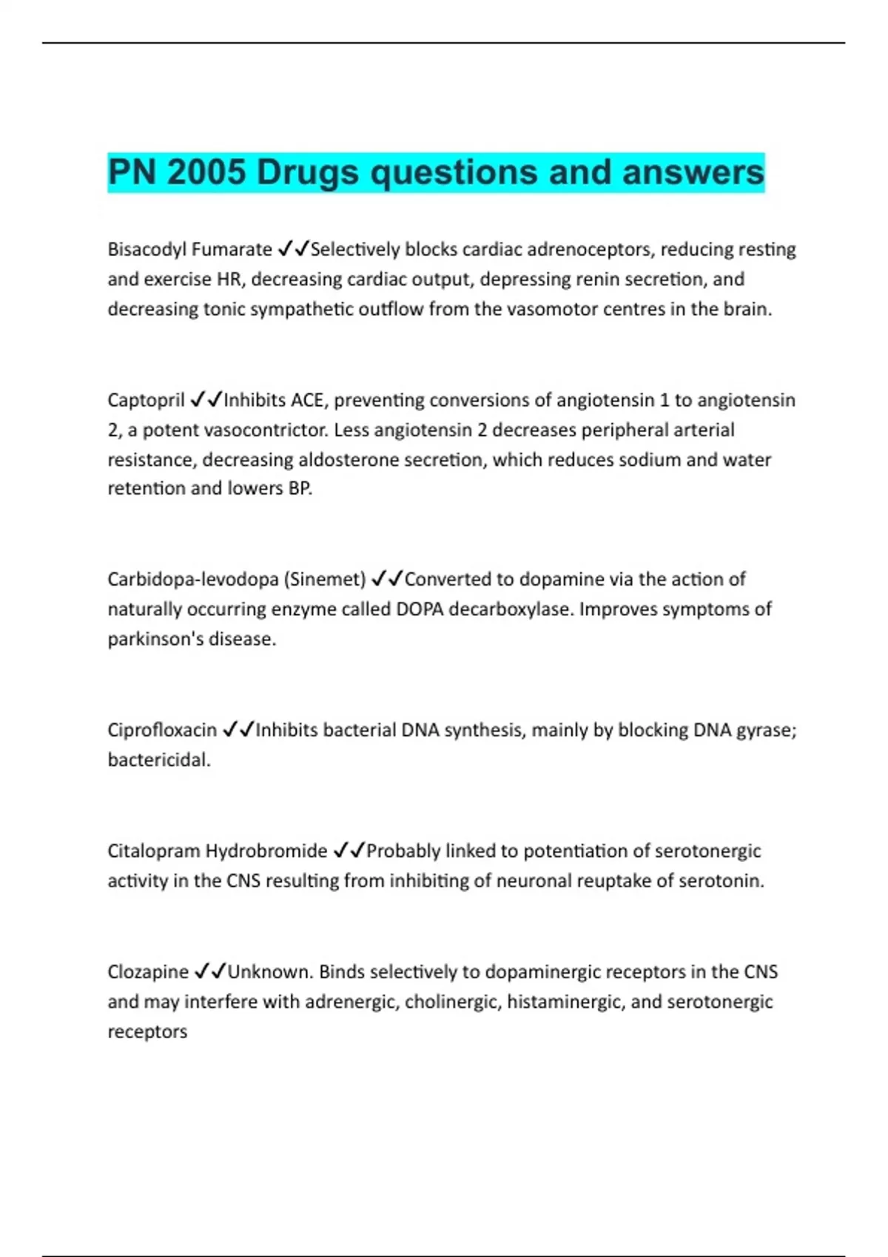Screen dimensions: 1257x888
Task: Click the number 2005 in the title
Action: coord(206,172)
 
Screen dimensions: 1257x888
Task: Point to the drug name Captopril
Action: coord(146,401)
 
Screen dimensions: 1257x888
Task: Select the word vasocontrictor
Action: coord(265,430)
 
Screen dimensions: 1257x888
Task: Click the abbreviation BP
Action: coord(300,489)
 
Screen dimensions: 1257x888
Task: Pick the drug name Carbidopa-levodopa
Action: coord(193,580)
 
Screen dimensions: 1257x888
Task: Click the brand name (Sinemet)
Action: coord(325,580)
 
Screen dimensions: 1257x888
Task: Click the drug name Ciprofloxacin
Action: coord(162,731)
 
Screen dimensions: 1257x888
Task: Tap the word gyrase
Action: coord(766,731)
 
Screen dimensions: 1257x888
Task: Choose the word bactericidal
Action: coord(159,760)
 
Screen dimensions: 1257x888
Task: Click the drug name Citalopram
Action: coord(153,851)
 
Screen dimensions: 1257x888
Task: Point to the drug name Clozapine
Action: coord(148,972)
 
